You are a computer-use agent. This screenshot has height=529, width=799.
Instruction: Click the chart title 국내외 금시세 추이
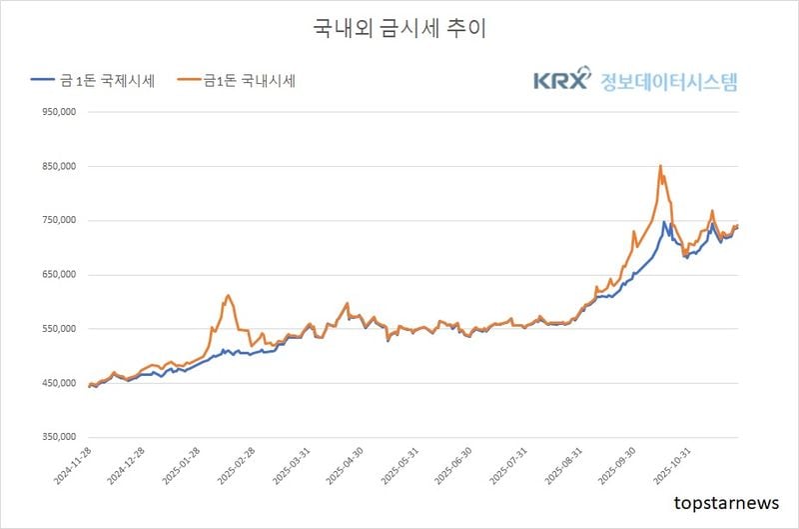pos(399,28)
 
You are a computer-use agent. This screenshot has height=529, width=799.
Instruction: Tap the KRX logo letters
pos(561,81)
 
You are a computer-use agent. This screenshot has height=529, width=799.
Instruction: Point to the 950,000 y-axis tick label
pos(57,113)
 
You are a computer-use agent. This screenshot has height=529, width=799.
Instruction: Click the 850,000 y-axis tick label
pos(57,167)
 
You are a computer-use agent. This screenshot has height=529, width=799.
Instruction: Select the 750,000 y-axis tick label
pos(57,221)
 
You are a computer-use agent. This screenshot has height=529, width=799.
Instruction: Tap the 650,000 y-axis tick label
pos(57,275)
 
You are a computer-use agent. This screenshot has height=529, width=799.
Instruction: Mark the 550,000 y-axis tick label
pos(57,329)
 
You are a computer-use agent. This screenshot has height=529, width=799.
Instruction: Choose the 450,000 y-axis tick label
pos(57,383)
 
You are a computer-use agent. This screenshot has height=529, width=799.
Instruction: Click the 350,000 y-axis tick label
pos(57,437)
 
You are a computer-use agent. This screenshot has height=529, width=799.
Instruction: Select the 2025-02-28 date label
pos(237,468)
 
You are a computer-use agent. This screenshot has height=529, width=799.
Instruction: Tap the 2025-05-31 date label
pos(400,468)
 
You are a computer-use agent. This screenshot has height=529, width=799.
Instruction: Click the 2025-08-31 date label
pos(565,468)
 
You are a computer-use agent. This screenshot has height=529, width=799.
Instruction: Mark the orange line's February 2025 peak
pos(228,295)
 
